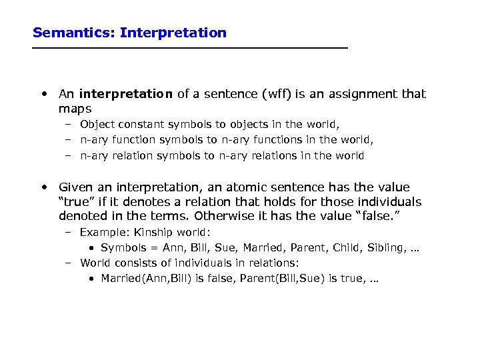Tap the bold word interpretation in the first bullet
click(x=126, y=94)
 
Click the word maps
click(x=75, y=108)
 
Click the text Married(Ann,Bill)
click(x=145, y=278)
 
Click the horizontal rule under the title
click(x=190, y=49)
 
